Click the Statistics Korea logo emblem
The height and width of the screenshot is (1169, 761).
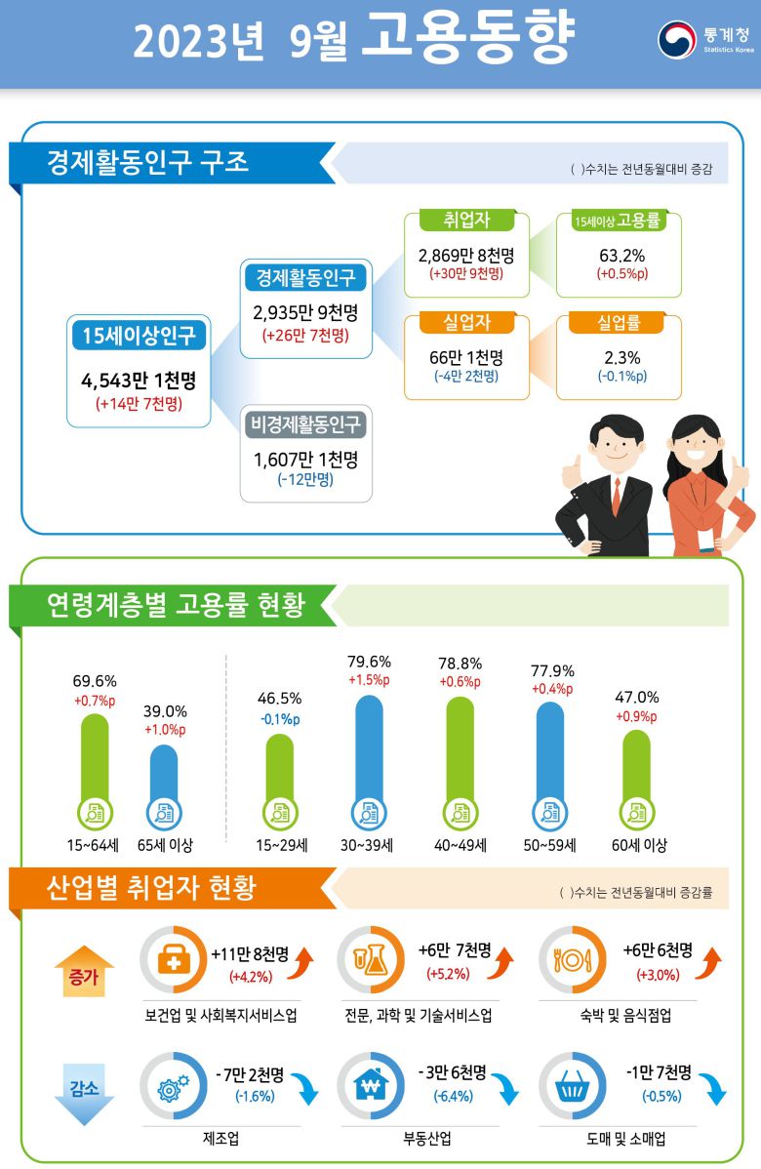[x=677, y=41]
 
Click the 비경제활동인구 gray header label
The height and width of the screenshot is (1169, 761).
[x=306, y=424]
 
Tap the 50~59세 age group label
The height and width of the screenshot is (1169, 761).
[x=549, y=845]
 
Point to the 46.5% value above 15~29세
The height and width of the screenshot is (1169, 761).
[x=279, y=699]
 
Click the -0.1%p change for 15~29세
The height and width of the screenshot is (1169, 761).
[x=279, y=720]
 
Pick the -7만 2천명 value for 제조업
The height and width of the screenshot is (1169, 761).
[x=250, y=1074]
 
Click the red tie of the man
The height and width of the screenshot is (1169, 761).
[x=617, y=498]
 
